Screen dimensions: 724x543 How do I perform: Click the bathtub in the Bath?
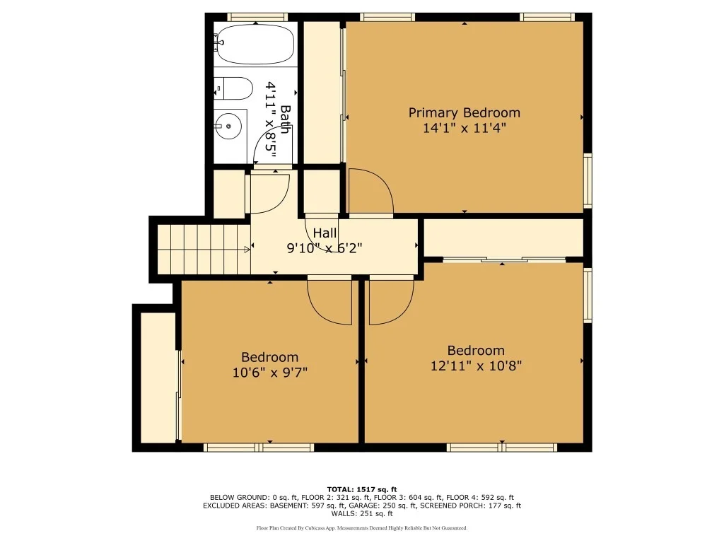point(255,45)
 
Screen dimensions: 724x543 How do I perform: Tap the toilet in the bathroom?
point(233,88)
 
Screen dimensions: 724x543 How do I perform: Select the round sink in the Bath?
point(228,126)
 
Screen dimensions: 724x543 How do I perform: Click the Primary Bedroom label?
point(464,112)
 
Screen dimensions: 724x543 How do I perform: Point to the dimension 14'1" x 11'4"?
point(465,128)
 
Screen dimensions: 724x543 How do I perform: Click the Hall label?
point(325,233)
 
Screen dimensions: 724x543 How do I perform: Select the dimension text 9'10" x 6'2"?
point(324,248)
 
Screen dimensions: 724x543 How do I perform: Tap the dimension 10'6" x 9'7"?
point(269,372)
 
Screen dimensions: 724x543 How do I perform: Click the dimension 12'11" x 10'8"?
point(476,366)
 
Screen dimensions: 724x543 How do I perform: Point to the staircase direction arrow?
point(247,250)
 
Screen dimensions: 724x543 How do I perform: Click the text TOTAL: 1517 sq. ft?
point(362,489)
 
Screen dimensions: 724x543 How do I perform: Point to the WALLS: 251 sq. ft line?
point(362,513)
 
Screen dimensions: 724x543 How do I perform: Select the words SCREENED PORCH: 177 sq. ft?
point(470,506)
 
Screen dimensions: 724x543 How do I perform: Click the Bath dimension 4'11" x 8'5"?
point(271,119)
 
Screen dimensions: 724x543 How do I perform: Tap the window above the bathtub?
point(257,18)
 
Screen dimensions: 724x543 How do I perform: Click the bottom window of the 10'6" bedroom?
point(259,448)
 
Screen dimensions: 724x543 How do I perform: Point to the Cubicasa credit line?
point(362,527)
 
